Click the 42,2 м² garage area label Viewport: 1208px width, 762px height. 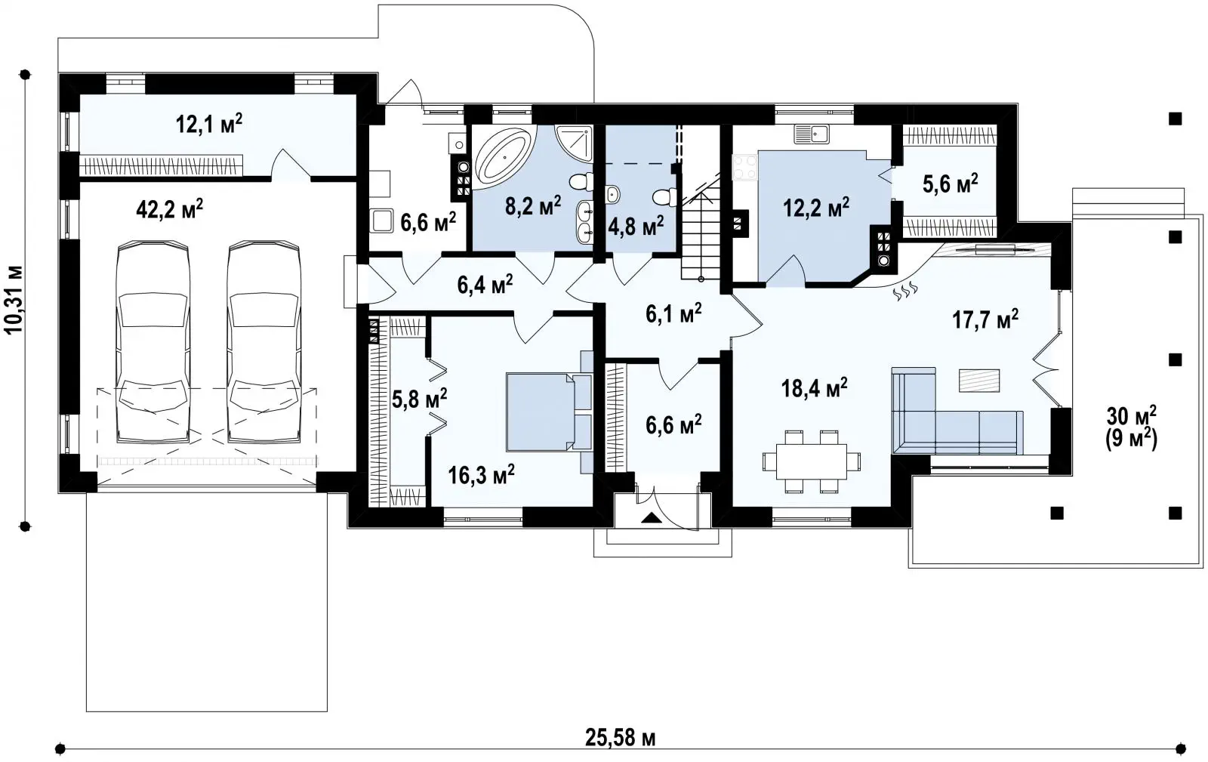pos(169,208)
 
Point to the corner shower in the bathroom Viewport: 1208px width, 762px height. pos(575,143)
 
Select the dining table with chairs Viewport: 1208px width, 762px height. pos(811,461)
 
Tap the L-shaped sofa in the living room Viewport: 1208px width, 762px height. pos(957,411)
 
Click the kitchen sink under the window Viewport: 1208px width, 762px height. pos(812,134)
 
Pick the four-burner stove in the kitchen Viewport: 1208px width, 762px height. pos(744,167)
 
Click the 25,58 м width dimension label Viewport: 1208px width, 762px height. pos(620,739)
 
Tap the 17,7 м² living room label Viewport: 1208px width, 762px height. pos(985,319)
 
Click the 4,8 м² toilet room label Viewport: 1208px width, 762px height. pos(636,227)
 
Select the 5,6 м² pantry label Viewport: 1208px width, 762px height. pos(951,184)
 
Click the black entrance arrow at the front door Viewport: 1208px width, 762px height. pos(652,518)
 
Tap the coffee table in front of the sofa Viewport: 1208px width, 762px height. pos(978,380)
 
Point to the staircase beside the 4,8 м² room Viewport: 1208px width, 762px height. pos(701,227)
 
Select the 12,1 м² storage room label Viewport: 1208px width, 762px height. pos(208,124)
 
